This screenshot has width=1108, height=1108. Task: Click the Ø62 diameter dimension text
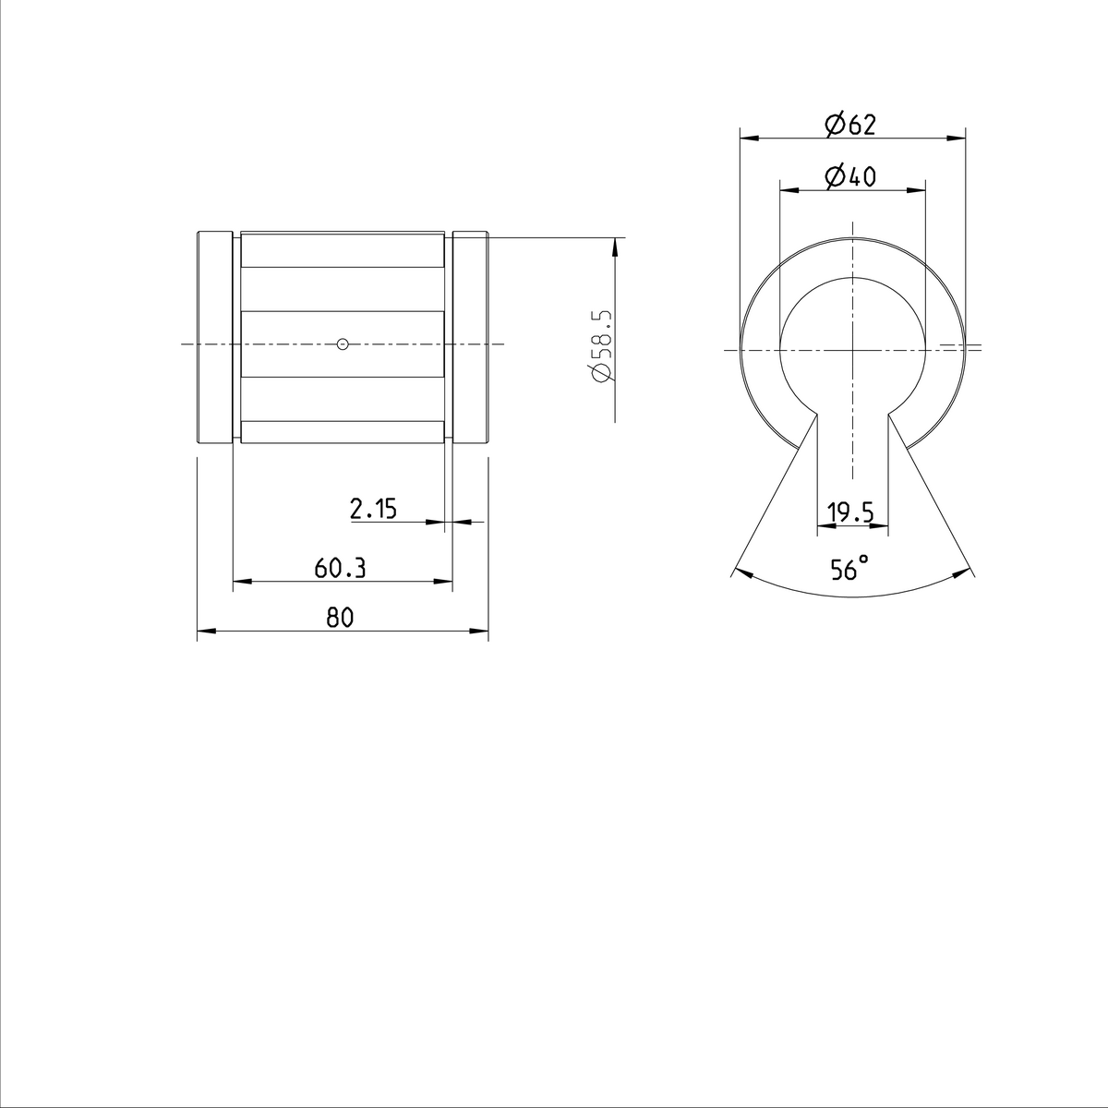point(850,125)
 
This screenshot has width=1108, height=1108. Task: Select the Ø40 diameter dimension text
point(850,176)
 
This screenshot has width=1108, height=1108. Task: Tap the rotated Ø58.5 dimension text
point(600,346)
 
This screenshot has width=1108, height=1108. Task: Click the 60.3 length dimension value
point(340,568)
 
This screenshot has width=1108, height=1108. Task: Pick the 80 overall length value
point(340,619)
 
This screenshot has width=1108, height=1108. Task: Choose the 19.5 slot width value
point(850,512)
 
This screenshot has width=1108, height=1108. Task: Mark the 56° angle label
point(849,569)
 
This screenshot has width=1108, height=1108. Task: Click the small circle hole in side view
point(343,344)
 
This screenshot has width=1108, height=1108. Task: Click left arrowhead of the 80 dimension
point(205,632)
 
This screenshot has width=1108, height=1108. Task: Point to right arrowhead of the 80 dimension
point(480,632)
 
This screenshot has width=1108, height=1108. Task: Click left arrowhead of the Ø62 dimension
point(749,139)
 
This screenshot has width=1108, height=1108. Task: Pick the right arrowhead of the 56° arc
point(962,572)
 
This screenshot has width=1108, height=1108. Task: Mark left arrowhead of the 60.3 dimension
point(240,582)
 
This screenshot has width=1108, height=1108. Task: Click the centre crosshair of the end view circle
point(853,349)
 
